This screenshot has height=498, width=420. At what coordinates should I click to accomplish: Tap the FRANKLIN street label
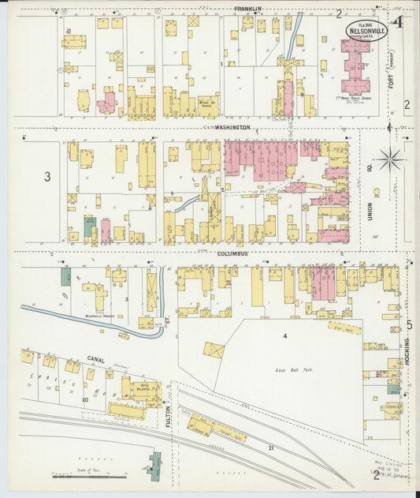pos(247,9)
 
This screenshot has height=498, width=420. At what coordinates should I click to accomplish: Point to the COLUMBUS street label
pos(233,253)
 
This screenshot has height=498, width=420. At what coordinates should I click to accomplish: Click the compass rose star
pos(389,159)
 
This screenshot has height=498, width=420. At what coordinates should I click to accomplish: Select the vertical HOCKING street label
pos(408,351)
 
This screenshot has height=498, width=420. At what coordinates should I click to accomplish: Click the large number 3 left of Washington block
pos(46,177)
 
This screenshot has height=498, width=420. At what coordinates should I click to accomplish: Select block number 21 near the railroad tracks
pos(270,447)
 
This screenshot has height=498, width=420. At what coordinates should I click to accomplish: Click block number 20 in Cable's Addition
pos(84,400)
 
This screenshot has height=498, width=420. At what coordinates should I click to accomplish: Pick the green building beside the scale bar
pos(154,463)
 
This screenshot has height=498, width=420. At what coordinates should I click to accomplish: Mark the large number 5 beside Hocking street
pos(409,324)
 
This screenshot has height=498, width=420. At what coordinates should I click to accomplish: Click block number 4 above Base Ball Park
pos(285,337)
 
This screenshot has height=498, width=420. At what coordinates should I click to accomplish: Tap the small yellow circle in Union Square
pos(376,192)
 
